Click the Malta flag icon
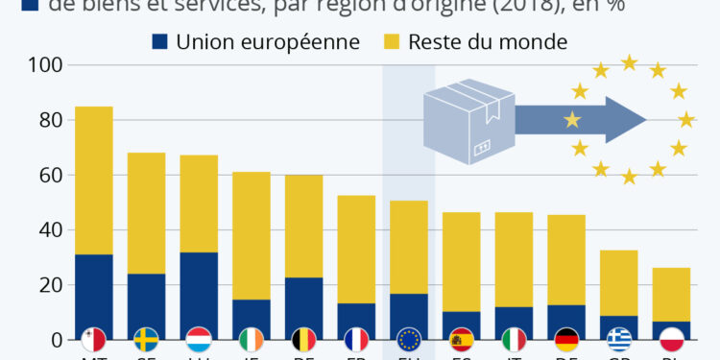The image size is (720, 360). click(x=93, y=339)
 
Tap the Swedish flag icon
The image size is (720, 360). click(x=146, y=339)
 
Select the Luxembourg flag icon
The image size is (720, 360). click(x=199, y=339)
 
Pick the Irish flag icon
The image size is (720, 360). click(x=251, y=339)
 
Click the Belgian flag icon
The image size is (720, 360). click(x=303, y=339)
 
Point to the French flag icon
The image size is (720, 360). click(x=356, y=339)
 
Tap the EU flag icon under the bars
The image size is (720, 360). click(x=409, y=339)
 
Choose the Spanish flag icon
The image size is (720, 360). click(x=462, y=339)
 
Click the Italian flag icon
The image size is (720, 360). click(x=514, y=339)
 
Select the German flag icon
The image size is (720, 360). click(x=566, y=339)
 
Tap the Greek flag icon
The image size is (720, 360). click(x=619, y=339)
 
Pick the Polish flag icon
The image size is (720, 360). click(x=671, y=339)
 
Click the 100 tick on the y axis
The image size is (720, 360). click(x=49, y=65)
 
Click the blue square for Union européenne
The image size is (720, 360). click(x=159, y=42)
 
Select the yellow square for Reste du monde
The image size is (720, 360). click(x=392, y=42)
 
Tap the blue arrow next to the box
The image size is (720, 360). click(x=576, y=120)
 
